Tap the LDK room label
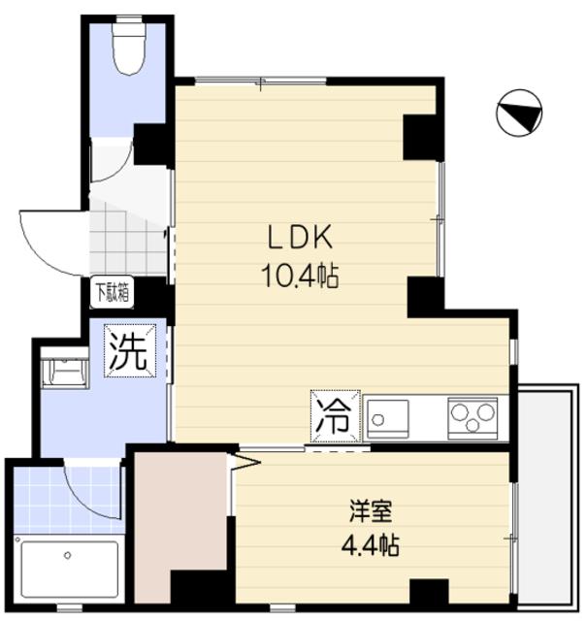302,237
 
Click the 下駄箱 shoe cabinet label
113,289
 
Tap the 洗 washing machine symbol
129,349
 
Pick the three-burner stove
472,418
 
